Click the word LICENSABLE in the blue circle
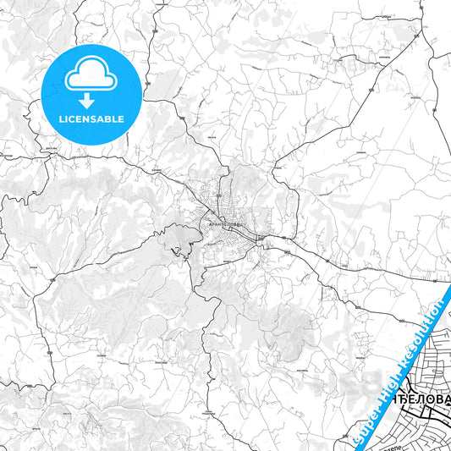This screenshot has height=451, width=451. coord(91,119)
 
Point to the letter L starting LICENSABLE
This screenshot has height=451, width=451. coord(60,119)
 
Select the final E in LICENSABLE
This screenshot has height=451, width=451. coord(122,119)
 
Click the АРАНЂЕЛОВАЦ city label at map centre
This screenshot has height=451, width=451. coord(224,223)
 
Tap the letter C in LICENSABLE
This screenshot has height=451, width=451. coord(73,119)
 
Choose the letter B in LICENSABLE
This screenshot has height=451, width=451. coord(107,119)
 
